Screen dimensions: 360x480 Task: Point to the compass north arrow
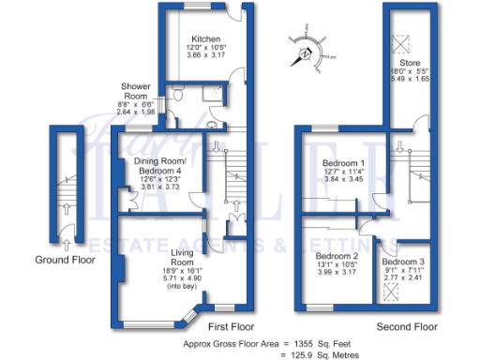pos(305,52)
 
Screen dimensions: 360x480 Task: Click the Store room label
pos(415,64)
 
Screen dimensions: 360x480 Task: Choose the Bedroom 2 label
pos(337,256)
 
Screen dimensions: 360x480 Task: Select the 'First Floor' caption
pos(232,326)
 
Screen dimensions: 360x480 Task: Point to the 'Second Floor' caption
pos(406,326)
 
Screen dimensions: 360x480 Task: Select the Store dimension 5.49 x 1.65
pos(415,80)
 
